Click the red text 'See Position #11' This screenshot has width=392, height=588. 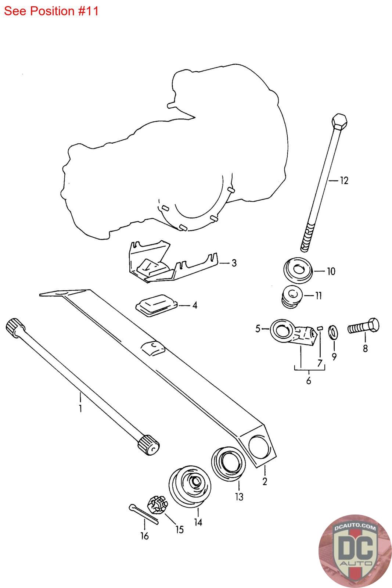tap(51, 11)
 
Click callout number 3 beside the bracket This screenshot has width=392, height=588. tap(234, 263)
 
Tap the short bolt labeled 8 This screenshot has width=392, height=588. tap(363, 326)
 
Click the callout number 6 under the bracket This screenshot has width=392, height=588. tap(309, 381)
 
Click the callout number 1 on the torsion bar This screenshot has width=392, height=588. tap(80, 408)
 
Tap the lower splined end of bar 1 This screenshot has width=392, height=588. tap(148, 444)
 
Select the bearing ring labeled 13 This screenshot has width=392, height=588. tap(228, 463)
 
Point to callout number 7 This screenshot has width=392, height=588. tap(320, 363)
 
